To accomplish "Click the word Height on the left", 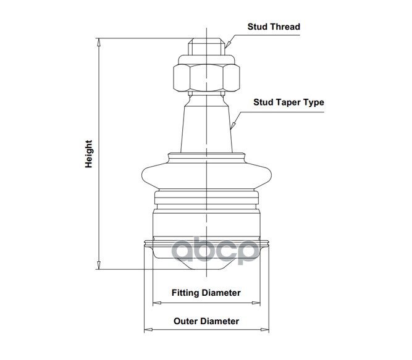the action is tap(88, 154).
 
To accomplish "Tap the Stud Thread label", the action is tap(274, 27).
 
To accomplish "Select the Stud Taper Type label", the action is tap(288, 102).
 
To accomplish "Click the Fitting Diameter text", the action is tap(206, 293).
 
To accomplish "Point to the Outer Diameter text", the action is tap(206, 321).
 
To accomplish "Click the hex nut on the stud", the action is tap(206, 78).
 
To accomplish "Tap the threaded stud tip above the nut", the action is tap(206, 46).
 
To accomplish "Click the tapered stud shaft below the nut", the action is tap(206, 123).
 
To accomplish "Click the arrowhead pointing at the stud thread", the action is tap(227, 44).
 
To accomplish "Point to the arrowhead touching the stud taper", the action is tap(233, 125).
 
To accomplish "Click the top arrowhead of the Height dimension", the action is tap(99, 42).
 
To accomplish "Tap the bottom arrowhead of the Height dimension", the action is tap(99, 265).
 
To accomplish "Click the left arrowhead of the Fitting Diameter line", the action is tap(157, 303).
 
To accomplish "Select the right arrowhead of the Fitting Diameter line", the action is tap(256, 303).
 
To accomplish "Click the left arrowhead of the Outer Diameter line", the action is tap(148, 330).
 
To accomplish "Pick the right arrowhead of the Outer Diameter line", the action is tap(264, 330).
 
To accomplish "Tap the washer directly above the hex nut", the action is tap(206, 60).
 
